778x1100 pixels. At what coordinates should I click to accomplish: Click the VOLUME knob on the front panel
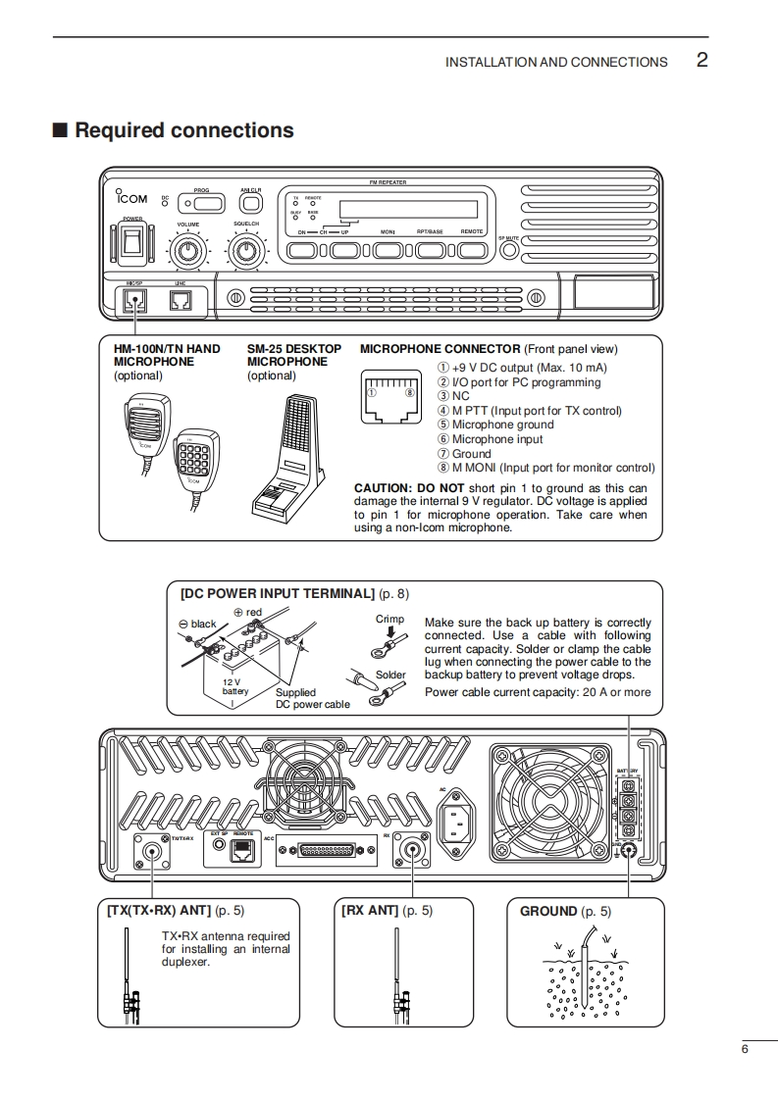pos(188,252)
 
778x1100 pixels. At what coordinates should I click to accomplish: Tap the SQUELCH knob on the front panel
pos(246,252)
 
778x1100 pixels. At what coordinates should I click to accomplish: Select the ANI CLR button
pos(251,203)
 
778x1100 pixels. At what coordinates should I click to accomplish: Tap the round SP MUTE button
pos(508,250)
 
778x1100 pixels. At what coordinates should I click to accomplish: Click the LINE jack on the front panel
pos(180,302)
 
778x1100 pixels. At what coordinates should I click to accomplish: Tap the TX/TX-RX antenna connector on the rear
pos(153,850)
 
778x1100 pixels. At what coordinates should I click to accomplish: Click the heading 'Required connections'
pos(183,130)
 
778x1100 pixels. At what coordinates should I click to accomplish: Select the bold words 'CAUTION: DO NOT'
pos(409,488)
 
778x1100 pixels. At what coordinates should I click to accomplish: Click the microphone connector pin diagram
pos(390,395)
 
